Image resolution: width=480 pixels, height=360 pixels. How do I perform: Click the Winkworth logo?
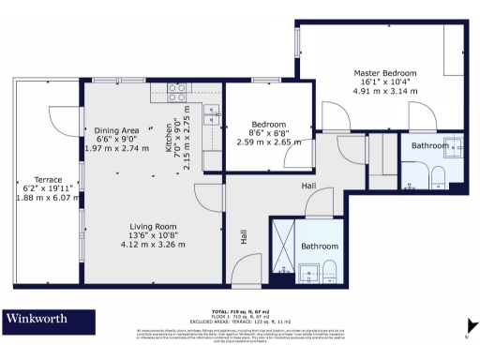click(x=37, y=319)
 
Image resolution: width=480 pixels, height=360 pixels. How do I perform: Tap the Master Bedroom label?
click(x=384, y=73)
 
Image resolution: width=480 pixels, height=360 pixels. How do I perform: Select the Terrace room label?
click(x=48, y=179)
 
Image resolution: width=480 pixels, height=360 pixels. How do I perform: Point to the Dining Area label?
click(x=117, y=129)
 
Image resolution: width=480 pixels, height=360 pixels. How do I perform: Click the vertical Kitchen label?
click(x=170, y=138)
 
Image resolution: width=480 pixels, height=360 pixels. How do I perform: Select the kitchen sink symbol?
click(x=212, y=115)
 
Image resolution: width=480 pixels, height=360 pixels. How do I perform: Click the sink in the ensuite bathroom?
click(x=454, y=147)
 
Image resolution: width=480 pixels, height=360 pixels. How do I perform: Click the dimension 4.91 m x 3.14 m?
click(x=384, y=92)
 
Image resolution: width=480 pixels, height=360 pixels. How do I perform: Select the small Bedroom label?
click(x=268, y=124)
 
